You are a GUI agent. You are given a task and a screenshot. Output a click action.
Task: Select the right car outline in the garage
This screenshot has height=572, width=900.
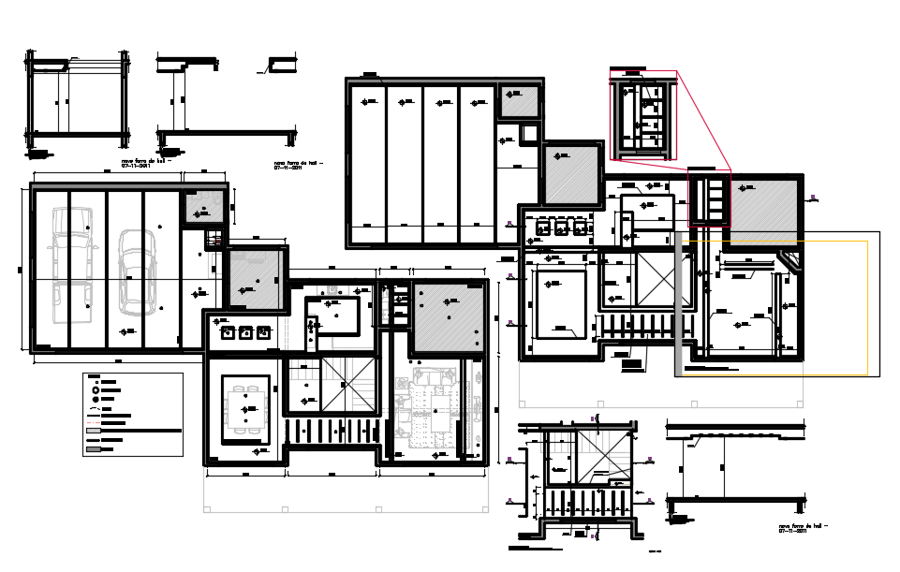point(136,273)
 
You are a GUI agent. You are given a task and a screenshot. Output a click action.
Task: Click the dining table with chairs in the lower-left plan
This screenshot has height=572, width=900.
point(245,409)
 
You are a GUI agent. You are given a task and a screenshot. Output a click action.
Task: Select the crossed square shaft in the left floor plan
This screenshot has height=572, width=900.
point(348,389)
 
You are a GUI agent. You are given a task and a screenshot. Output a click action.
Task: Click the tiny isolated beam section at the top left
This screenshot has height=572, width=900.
point(279,65)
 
